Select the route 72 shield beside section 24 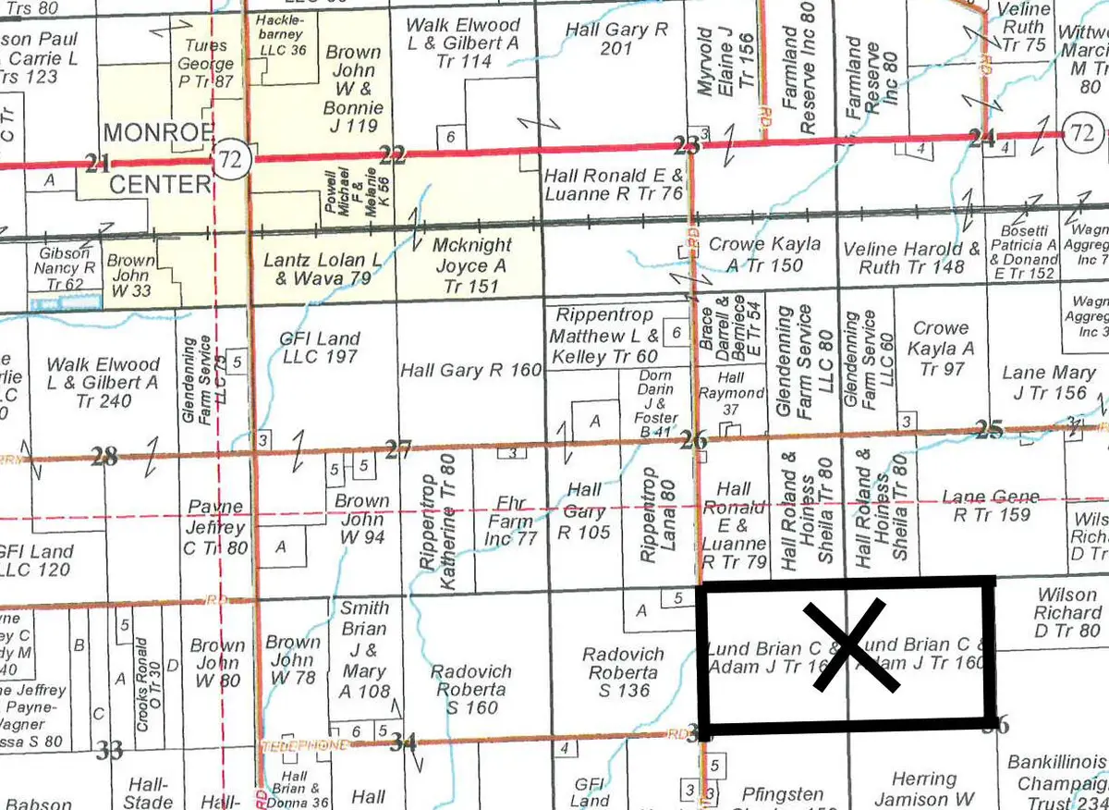[x=1082, y=133]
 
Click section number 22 [x=393, y=155]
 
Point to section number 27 [x=398, y=451]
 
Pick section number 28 [x=105, y=455]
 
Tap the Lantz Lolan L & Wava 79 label [x=322, y=268]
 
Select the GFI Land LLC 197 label [x=319, y=348]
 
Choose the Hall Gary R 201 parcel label [x=616, y=39]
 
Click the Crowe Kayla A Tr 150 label [x=763, y=255]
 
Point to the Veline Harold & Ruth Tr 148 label [x=911, y=258]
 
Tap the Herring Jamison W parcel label [x=923, y=789]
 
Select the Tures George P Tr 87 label [x=207, y=64]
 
